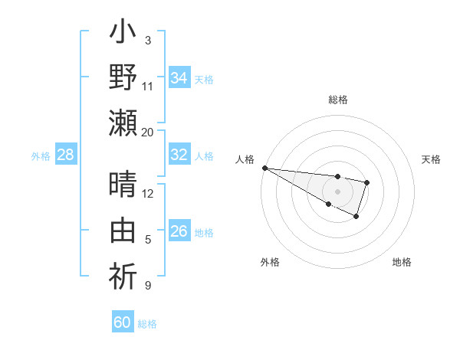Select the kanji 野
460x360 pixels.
pos(123,78)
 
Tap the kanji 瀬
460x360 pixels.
pos(123,123)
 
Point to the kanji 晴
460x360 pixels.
pos(123,184)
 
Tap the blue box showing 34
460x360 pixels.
pos(179,78)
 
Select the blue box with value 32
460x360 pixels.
pos(179,155)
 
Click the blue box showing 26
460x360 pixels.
pos(179,231)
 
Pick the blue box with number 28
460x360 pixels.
pos(66,155)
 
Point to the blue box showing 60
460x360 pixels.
pos(123,322)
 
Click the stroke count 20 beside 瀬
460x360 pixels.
pos(147,133)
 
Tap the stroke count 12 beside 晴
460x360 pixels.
pos(147,193)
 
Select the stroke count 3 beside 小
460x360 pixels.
pos(147,40)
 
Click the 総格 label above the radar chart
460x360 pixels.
pos(338,100)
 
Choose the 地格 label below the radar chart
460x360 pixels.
pos(402,262)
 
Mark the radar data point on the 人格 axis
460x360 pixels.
pos(264,168)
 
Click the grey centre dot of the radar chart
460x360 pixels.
pos(338,191)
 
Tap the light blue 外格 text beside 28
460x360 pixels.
pos(41,155)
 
